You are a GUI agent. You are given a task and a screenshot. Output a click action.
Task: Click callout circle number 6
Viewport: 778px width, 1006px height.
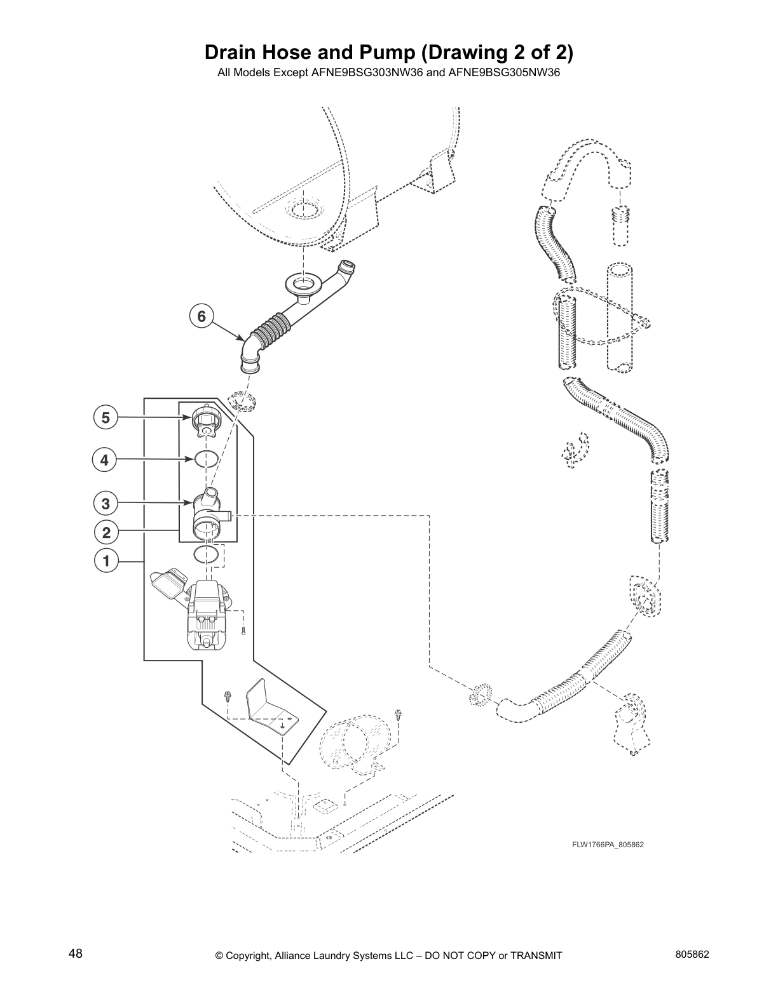click(201, 316)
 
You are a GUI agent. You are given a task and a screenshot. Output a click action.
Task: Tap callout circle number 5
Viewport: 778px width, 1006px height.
click(106, 417)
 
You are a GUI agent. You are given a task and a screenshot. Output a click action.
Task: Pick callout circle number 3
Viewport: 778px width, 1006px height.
click(106, 504)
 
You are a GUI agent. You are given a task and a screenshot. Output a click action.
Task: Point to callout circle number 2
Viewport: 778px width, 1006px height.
click(106, 532)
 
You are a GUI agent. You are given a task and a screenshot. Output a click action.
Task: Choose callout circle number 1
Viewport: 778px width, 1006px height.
click(106, 561)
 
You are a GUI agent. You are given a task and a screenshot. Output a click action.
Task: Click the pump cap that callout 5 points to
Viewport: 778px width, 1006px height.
click(205, 421)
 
